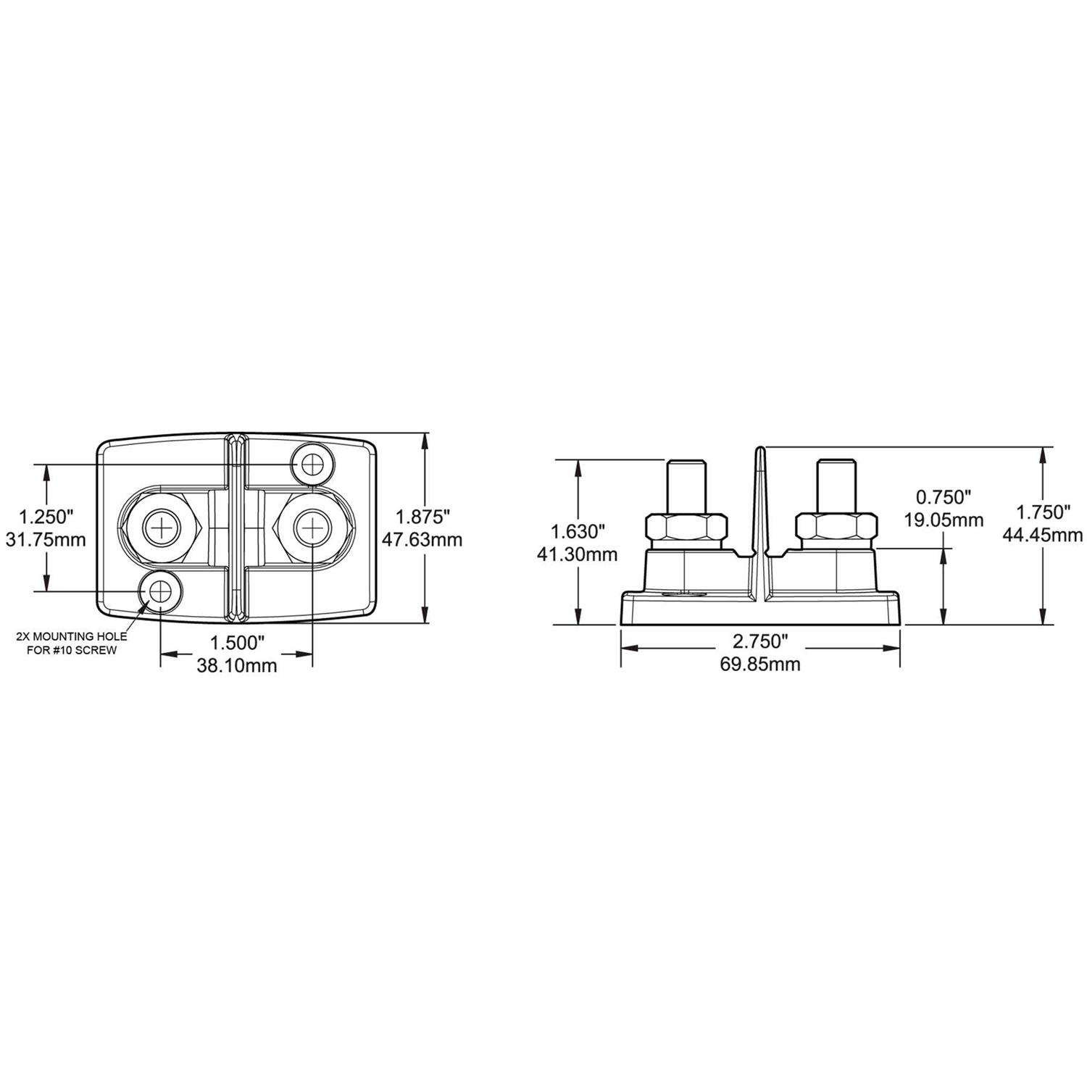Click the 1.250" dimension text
[x=46, y=517]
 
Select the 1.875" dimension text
[x=424, y=517]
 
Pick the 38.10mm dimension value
[x=237, y=665]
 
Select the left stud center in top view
[x=160, y=528]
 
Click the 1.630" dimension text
[x=578, y=532]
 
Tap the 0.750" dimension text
[x=944, y=497]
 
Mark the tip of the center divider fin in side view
[x=759, y=449]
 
